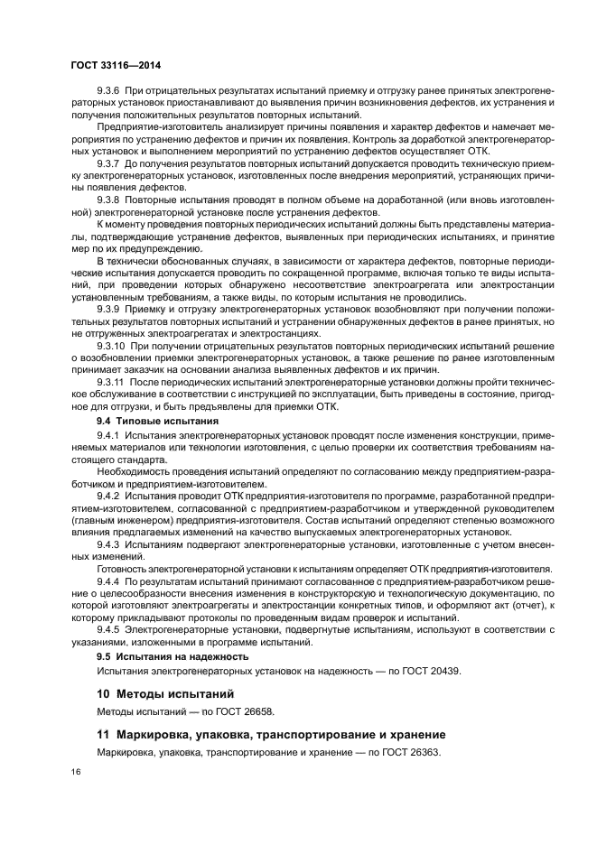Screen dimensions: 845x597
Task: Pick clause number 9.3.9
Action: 110,309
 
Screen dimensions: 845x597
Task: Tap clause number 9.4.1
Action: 108,436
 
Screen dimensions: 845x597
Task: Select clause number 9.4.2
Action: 108,496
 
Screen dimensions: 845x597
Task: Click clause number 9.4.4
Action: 108,582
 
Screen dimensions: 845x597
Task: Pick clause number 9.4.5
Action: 108,627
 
